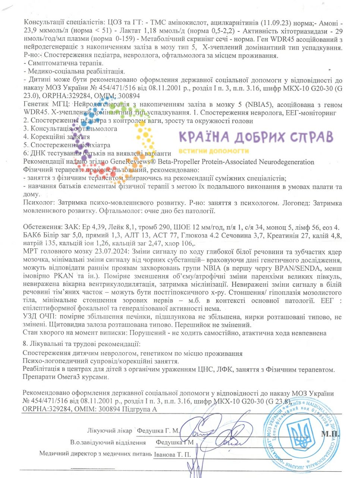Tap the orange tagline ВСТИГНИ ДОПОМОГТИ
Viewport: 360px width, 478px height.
tap(214, 151)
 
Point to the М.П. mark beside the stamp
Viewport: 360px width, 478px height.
tap(331, 434)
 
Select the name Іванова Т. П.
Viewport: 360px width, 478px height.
tap(172, 455)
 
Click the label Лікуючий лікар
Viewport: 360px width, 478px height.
tap(110, 431)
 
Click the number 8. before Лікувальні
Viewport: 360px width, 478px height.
tap(25, 344)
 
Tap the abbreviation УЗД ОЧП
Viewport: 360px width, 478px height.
tap(38, 317)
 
